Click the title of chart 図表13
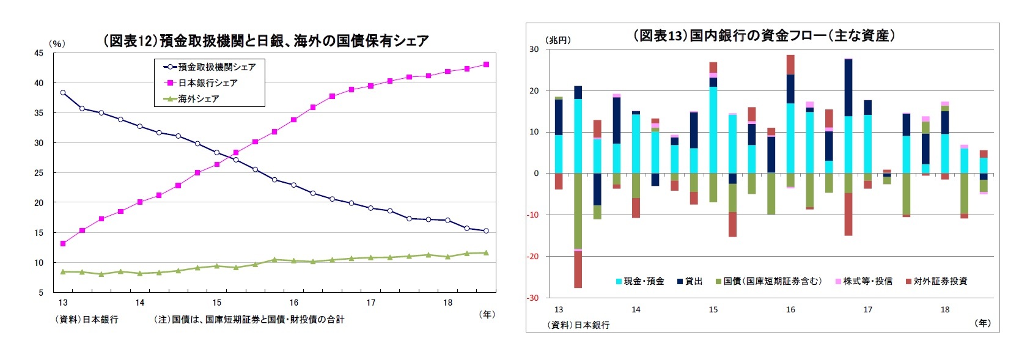pyautogui.click(x=763, y=35)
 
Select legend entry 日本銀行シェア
pyautogui.click(x=207, y=83)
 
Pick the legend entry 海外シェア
pyautogui.click(x=198, y=98)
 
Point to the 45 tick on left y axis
pyautogui.click(x=39, y=53)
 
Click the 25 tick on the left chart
pyautogui.click(x=39, y=173)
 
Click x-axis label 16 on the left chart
pyautogui.click(x=294, y=303)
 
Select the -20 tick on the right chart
pyautogui.click(x=534, y=257)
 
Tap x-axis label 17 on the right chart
pyautogui.click(x=867, y=310)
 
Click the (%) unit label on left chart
pyautogui.click(x=56, y=43)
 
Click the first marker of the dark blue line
pyautogui.click(x=63, y=93)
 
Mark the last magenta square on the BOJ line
pyautogui.click(x=486, y=64)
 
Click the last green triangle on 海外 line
pyautogui.click(x=486, y=252)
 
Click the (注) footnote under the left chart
pyautogui.click(x=249, y=319)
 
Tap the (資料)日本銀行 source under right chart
pyautogui.click(x=578, y=325)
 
